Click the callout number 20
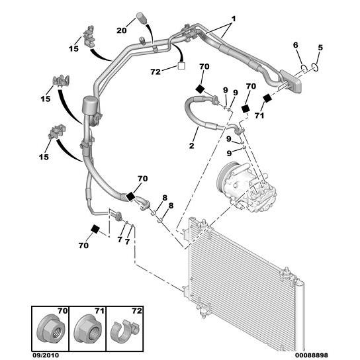[122, 30]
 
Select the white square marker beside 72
[181, 66]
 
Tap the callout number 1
[233, 19]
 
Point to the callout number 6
[296, 45]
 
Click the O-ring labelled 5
[315, 68]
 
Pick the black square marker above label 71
[267, 99]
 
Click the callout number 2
[191, 146]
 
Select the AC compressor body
[247, 187]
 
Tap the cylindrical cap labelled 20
[141, 18]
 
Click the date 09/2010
[46, 355]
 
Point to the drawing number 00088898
[312, 355]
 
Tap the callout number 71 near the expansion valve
[259, 116]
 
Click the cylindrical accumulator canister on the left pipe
[90, 105]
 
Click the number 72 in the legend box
[137, 311]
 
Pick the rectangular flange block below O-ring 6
[291, 81]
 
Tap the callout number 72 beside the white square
[156, 72]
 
